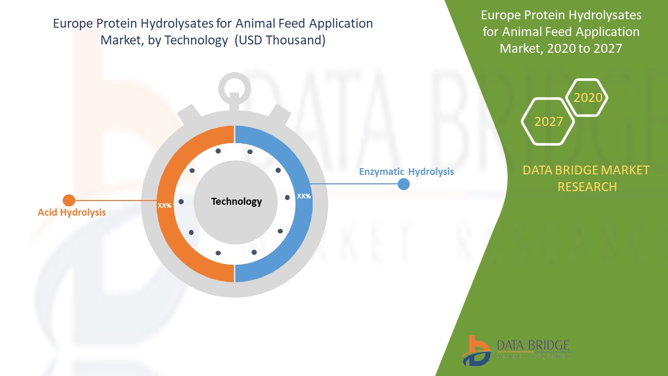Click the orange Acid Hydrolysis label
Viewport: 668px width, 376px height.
(x=71, y=213)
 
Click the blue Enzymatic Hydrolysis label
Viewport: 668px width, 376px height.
(x=406, y=172)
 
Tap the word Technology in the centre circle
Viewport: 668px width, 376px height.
(x=236, y=202)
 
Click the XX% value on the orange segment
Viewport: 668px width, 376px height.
(x=164, y=206)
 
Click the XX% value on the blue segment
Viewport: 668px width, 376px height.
(x=304, y=196)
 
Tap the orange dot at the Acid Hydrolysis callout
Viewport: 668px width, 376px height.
(x=69, y=200)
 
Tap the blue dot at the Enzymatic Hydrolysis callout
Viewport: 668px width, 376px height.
(x=403, y=184)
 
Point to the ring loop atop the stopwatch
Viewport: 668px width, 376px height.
(x=234, y=75)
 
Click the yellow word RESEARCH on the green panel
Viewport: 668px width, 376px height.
(x=587, y=187)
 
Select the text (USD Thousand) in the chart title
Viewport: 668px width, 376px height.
(x=280, y=40)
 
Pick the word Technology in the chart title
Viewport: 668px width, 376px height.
(x=196, y=40)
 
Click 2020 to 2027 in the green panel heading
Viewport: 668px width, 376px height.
(x=584, y=49)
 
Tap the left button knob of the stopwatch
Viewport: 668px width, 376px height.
(x=189, y=114)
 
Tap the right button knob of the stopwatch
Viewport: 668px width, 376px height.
(x=279, y=114)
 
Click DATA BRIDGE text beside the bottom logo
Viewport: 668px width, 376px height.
(x=533, y=345)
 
